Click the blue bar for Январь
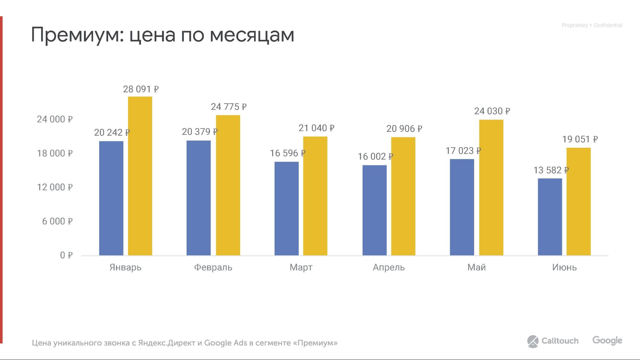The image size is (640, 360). [111, 198]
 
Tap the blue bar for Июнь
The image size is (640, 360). [550, 217]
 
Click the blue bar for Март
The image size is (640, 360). [287, 208]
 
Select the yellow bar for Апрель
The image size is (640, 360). [403, 196]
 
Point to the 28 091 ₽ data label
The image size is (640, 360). [141, 89]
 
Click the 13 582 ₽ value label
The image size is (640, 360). [551, 170]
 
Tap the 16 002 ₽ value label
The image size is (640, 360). [375, 156]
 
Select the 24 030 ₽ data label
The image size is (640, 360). [492, 111]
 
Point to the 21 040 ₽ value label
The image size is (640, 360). [316, 128]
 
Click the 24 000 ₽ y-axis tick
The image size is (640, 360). [55, 119]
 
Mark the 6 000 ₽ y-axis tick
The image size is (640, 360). [57, 221]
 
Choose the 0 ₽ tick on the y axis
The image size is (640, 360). [66, 255]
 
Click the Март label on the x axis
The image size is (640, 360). [301, 267]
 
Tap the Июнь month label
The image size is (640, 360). [564, 267]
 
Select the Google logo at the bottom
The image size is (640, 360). [607, 340]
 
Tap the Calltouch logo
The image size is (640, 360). [553, 341]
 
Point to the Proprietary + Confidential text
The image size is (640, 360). [592, 25]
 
